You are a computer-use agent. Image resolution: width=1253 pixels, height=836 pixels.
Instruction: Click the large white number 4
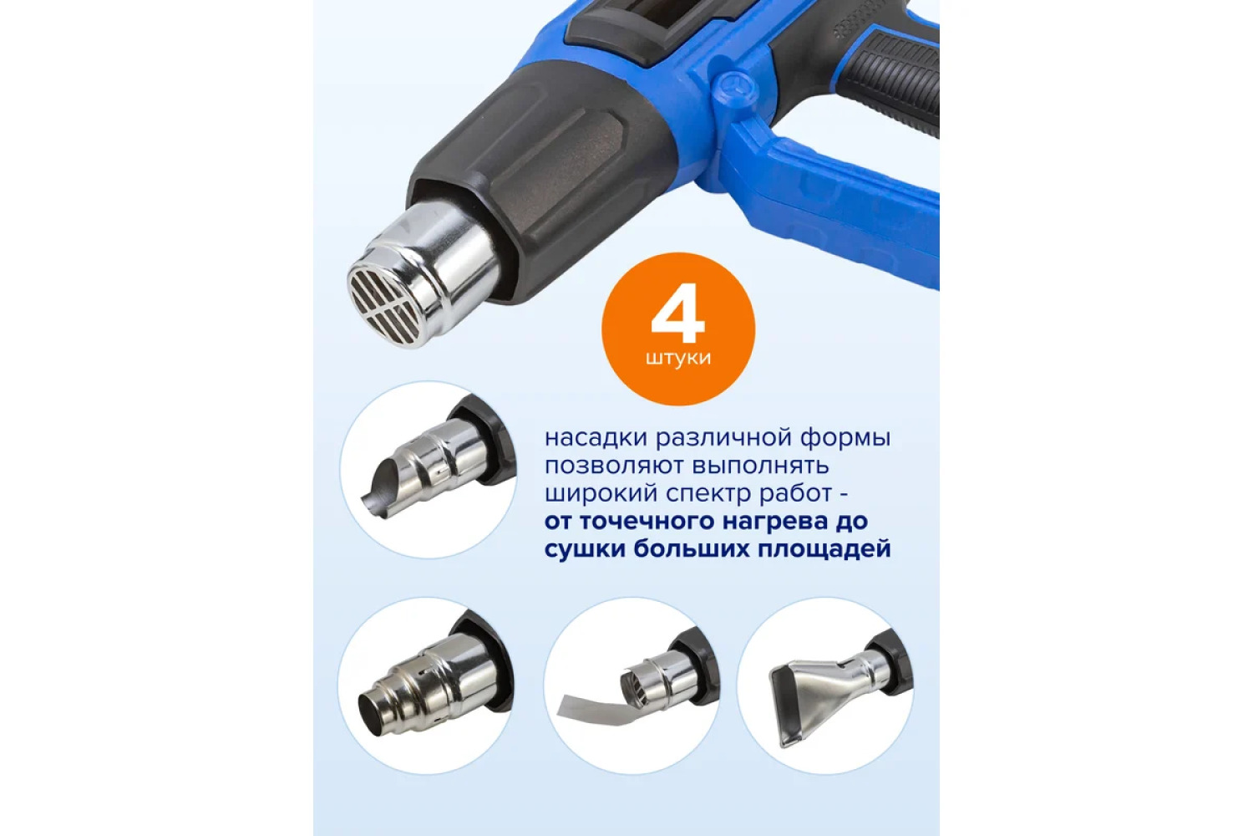click(677, 313)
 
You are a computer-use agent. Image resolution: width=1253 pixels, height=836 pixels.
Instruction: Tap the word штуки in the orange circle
click(678, 359)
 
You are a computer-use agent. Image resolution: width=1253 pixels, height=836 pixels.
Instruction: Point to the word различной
click(724, 438)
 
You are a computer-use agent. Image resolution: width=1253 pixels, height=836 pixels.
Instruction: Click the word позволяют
click(613, 466)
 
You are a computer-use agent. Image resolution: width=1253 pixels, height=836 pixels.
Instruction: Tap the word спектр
click(699, 494)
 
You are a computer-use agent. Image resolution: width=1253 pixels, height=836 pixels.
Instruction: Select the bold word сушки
click(586, 550)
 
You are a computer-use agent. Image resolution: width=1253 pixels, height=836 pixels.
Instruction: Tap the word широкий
click(595, 494)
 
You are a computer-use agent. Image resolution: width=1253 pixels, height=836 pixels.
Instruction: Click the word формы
click(846, 438)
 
